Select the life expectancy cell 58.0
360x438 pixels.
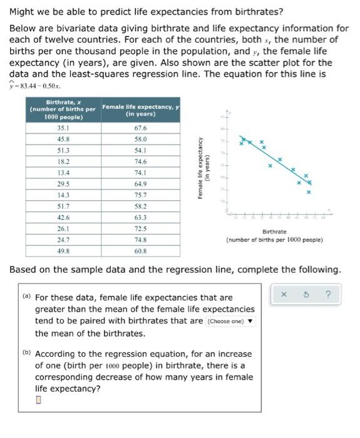(x=140, y=139)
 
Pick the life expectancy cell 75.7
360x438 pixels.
(x=140, y=195)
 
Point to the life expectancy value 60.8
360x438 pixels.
(x=140, y=251)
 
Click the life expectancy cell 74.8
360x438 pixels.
(x=140, y=240)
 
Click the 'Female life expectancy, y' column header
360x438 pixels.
(x=140, y=110)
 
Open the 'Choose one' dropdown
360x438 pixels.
(x=230, y=322)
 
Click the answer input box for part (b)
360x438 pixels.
(x=39, y=401)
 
